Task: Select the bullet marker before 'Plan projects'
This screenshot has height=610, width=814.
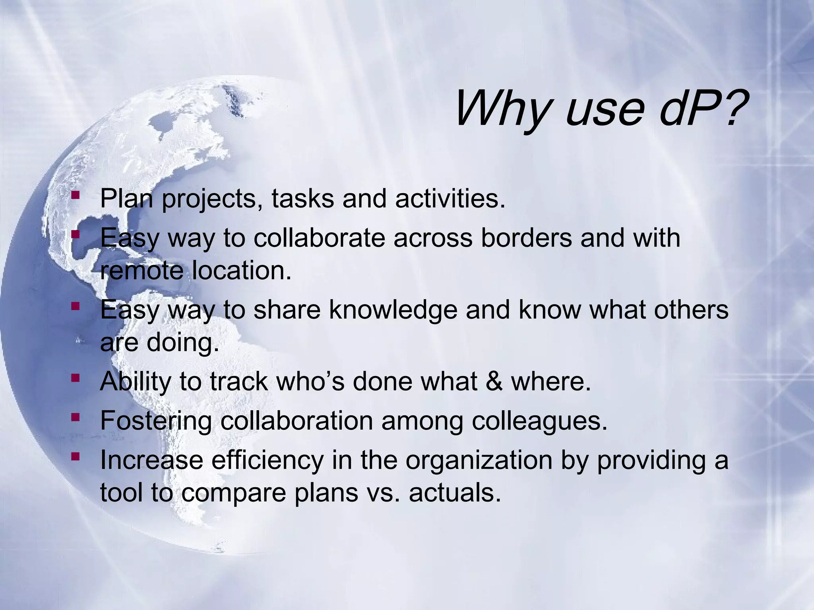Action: click(x=75, y=195)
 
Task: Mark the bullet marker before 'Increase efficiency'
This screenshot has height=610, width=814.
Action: click(x=75, y=457)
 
